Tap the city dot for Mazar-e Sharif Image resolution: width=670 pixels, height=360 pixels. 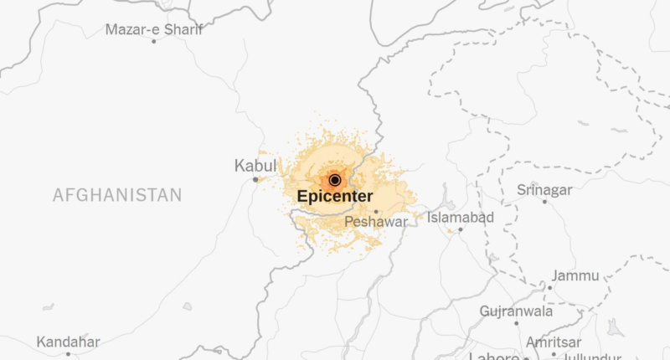pos(153,41)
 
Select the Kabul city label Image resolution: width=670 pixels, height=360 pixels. pos(255,167)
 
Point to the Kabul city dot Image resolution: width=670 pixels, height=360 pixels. pos(255,179)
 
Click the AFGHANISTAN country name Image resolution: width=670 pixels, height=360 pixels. pos(116,195)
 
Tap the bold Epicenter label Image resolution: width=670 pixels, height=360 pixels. pos(335,197)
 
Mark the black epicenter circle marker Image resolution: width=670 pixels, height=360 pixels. pos(335,179)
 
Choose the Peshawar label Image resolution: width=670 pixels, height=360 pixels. pos(376,223)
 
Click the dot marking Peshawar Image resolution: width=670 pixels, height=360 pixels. pos(376,212)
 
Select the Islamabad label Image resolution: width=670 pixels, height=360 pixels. pos(461,218)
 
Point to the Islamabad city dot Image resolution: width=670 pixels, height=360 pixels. pos(460,229)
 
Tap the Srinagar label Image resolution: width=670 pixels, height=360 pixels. pos(544,189)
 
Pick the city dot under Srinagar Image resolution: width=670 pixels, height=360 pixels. pos(544,201)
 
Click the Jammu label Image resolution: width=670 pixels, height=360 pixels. pos(575,275)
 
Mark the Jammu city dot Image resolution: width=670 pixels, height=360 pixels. pos(549,287)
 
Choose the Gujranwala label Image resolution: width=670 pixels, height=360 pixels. pos(516,311)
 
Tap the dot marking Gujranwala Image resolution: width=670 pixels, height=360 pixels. pos(516,323)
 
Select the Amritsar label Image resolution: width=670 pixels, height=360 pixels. pos(554,342)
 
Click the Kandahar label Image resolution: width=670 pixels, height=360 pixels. pos(69,342)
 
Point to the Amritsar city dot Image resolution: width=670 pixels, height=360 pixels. pos(554,354)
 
